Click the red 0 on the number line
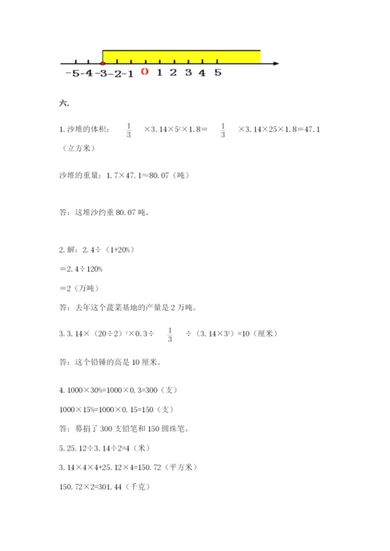144,72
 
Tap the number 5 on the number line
218,72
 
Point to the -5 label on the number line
73,73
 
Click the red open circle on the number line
103,62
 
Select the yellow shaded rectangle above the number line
182,56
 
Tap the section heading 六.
64,104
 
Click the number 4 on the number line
203,72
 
